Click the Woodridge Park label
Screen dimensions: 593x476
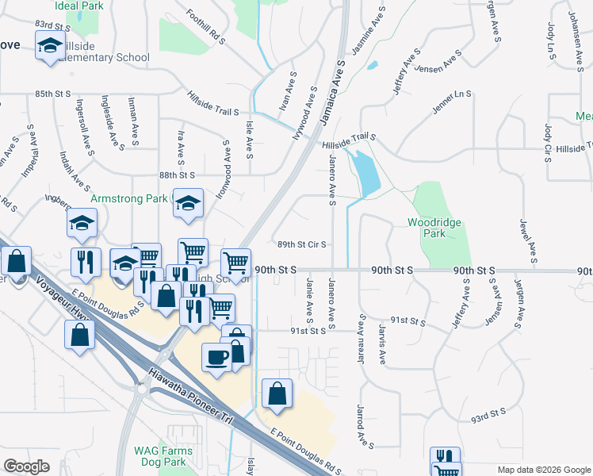click(434, 228)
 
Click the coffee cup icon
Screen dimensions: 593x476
click(216, 356)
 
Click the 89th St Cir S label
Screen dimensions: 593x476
click(301, 245)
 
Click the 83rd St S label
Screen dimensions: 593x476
click(50, 25)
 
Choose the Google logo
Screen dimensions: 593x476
click(26, 466)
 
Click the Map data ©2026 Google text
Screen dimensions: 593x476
click(544, 470)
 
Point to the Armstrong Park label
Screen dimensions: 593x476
click(131, 198)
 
